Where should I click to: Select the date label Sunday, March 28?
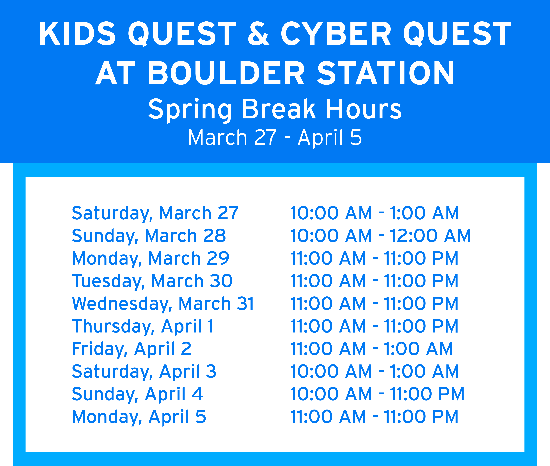point(149,236)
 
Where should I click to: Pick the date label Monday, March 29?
point(150,258)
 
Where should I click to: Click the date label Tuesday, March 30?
point(152,281)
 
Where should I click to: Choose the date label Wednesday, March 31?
point(163,303)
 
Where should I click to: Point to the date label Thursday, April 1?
point(143,326)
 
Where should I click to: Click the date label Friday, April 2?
point(131,349)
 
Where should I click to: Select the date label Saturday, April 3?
point(144,371)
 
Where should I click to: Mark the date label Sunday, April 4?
point(137,394)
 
